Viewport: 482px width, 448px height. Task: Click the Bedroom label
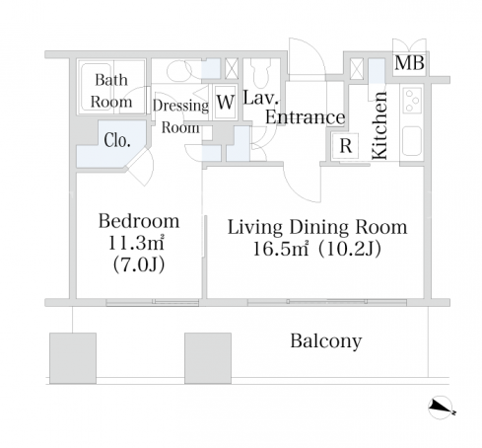point(139,221)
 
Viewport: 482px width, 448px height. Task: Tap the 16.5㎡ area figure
point(280,249)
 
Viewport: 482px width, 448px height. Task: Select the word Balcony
point(326,341)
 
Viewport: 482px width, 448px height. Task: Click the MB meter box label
point(409,62)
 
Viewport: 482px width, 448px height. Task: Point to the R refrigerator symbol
point(345,145)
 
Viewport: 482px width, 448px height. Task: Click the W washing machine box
point(226,102)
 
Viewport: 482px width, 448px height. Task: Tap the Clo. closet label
point(117,140)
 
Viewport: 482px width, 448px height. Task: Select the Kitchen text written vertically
point(379,126)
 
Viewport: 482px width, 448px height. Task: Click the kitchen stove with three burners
point(412,100)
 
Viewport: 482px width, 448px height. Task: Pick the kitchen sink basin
point(412,141)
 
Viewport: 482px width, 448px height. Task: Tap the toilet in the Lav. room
point(261,74)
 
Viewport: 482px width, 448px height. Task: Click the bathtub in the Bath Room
point(97,87)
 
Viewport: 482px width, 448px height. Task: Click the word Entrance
point(305,117)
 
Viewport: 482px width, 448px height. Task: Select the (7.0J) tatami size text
point(139,264)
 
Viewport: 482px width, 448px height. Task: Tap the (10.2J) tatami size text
point(349,249)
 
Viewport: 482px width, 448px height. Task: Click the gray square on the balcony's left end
point(73,358)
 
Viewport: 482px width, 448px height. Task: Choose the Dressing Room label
point(180,116)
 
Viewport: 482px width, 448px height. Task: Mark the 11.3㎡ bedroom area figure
point(136,243)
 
